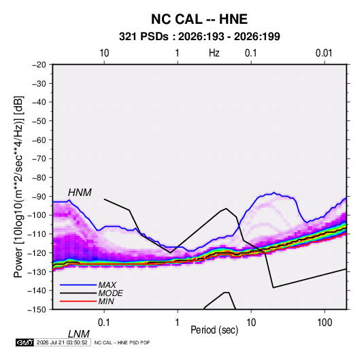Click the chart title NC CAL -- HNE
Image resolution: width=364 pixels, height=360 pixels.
click(199, 19)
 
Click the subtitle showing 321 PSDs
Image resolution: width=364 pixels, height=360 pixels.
click(199, 37)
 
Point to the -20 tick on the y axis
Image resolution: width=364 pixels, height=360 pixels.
click(39, 65)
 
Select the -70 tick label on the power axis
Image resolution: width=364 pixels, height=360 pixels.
click(39, 159)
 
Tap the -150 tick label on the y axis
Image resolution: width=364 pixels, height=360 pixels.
click(37, 310)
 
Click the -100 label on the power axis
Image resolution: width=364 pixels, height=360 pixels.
click(37, 215)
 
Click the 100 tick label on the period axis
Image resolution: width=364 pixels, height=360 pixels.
click(325, 323)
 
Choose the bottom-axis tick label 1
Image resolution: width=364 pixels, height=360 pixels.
click(178, 323)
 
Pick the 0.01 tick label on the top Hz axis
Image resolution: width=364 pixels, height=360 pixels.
click(324, 53)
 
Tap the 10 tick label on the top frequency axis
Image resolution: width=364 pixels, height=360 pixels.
click(104, 53)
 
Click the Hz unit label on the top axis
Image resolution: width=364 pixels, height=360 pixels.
click(214, 53)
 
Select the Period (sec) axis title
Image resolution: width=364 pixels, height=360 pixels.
click(214, 330)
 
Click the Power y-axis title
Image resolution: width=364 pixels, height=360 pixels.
click(18, 186)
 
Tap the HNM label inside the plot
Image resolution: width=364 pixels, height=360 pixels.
click(80, 193)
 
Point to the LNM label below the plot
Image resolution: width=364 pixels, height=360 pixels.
click(79, 334)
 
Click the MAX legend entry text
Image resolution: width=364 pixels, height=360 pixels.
click(107, 285)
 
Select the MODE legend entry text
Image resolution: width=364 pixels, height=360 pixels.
click(110, 293)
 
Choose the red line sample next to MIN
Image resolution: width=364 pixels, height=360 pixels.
click(78, 301)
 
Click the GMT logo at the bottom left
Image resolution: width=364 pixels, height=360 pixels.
click(24, 342)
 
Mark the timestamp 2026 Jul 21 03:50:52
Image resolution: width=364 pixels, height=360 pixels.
click(62, 342)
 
